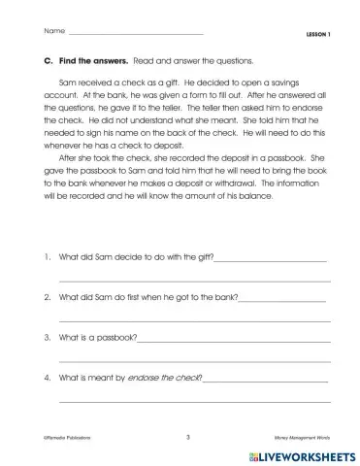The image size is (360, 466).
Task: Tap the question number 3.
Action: click(36, 338)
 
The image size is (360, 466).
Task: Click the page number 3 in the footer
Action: click(186, 437)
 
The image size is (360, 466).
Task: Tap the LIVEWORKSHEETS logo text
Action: click(306, 453)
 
